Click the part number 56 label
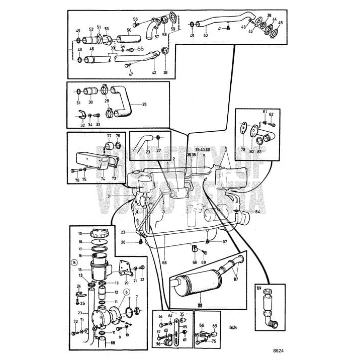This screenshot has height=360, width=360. pyautogui.click(x=135, y=19)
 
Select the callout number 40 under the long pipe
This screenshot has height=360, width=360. pyautogui.click(x=205, y=35)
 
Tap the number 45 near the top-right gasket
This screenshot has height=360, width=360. pyautogui.click(x=280, y=23)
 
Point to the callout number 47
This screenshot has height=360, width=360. pyautogui.click(x=131, y=74)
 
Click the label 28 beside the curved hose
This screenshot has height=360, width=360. pyautogui.click(x=145, y=105)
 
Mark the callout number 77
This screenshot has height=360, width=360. pyautogui.click(x=109, y=136)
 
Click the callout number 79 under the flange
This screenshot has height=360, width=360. pyautogui.click(x=243, y=149)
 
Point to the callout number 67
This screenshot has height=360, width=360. pyautogui.click(x=225, y=242)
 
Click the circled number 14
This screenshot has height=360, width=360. pyautogui.click(x=74, y=262)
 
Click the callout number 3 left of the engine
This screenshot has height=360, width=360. pyautogui.click(x=109, y=196)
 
